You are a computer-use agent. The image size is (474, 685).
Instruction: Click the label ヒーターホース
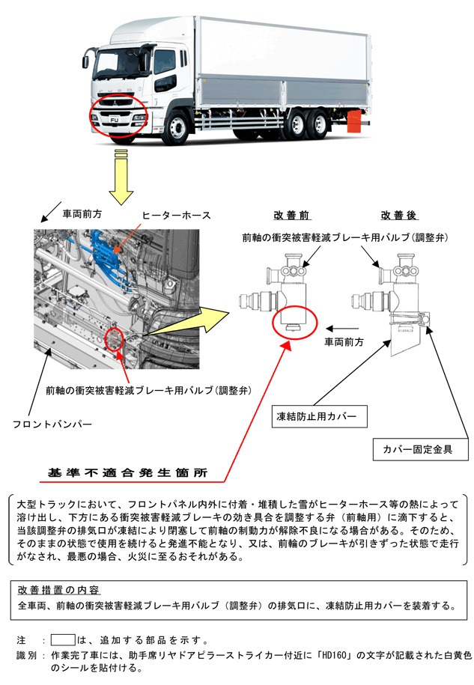(x=176, y=216)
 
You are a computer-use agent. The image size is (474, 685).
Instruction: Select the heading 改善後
(x=399, y=216)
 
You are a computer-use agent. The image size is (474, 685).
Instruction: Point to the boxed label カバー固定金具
(x=422, y=450)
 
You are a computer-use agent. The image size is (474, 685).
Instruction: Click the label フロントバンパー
(x=52, y=424)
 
